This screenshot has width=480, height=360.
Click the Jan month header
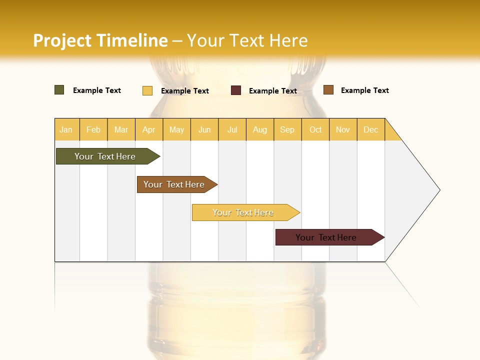(66, 129)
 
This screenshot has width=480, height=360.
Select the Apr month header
(149, 129)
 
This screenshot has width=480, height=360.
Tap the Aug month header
(260, 129)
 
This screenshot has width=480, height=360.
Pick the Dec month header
(371, 129)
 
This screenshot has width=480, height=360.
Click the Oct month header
(315, 129)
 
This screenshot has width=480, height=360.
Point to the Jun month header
(204, 129)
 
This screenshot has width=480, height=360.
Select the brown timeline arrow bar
(175, 184)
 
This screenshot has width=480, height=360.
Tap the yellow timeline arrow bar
(243, 212)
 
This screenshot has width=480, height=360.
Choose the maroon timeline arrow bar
(327, 237)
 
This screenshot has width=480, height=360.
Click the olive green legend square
(59, 90)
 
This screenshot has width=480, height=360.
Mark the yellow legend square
(147, 90)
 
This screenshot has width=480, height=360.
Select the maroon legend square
(236, 90)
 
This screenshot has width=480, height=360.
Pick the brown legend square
(328, 90)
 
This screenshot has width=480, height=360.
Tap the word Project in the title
(62, 40)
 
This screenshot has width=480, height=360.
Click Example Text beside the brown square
(364, 90)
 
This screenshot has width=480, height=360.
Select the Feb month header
(93, 129)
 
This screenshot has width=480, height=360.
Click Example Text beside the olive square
(97, 90)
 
